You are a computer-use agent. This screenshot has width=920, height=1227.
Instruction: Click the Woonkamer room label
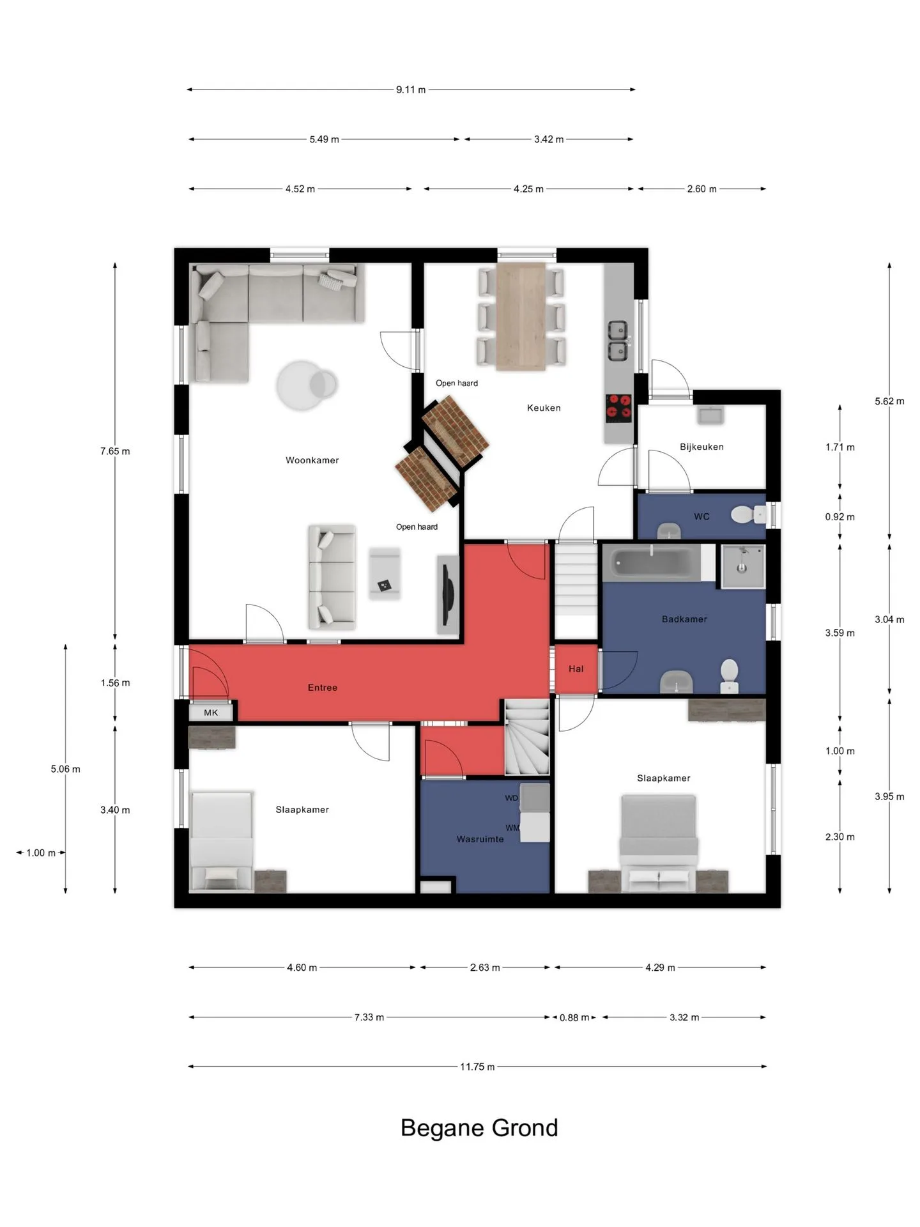[x=312, y=460]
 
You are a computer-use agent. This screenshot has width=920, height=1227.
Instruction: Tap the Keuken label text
[x=544, y=408]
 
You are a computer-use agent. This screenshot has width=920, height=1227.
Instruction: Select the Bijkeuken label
[x=701, y=447]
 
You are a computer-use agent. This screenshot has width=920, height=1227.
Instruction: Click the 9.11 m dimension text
[x=411, y=89]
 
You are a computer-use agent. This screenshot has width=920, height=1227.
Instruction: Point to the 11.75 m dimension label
[x=477, y=1067]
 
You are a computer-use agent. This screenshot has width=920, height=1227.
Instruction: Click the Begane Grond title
[x=479, y=1128]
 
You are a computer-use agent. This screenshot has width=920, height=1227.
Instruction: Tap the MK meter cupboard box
[x=211, y=713]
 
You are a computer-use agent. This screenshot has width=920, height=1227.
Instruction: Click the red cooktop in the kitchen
[x=618, y=408]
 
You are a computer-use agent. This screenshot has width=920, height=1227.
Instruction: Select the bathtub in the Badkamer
[x=652, y=562]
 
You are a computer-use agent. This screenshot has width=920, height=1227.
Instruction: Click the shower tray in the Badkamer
[x=743, y=566]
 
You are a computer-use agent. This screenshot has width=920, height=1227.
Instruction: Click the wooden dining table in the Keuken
[x=521, y=316]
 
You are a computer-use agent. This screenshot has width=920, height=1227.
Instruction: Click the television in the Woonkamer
[x=448, y=594]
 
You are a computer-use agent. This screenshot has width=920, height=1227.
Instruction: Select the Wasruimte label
[x=480, y=839]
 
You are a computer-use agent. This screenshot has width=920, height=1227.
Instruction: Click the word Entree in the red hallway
[x=323, y=688]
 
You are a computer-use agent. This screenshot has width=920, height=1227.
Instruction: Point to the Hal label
[x=576, y=669]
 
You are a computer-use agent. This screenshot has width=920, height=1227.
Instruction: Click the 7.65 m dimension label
[x=115, y=451]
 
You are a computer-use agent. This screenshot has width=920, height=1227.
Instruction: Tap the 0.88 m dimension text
[x=574, y=1017]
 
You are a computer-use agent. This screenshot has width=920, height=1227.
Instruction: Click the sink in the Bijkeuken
[x=710, y=415]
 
